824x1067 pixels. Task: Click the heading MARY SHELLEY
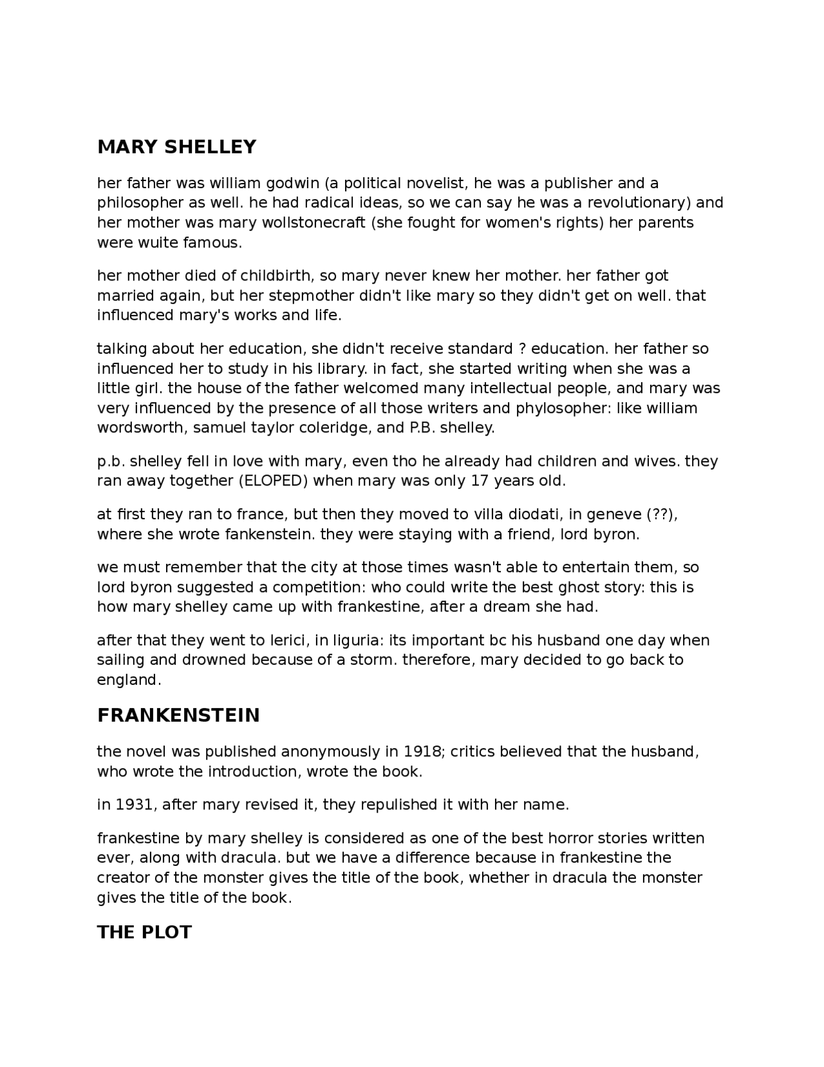[176, 148]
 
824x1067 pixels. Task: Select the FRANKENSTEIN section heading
[178, 715]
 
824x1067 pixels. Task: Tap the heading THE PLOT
[144, 932]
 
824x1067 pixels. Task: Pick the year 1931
[133, 805]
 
